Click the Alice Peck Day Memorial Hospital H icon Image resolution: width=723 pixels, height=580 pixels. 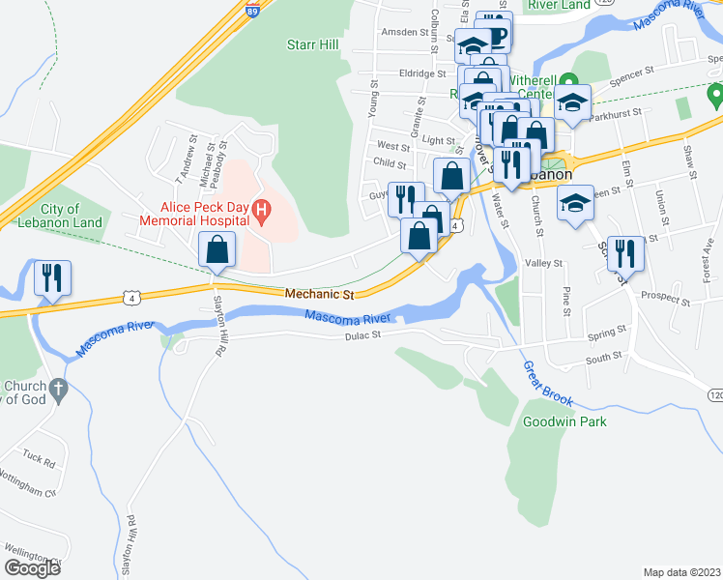pos(260,209)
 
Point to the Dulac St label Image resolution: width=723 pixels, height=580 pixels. pos(363,335)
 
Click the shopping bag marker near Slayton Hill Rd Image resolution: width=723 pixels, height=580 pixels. pos(217,249)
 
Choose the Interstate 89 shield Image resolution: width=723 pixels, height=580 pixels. pos(252,12)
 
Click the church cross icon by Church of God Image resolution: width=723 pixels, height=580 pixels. pos(58,391)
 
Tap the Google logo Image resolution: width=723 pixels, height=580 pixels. pos(32,567)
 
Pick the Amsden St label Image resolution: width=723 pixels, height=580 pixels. pos(405,32)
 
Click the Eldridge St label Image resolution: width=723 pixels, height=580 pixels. pos(422,72)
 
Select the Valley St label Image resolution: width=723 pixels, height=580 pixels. pos(543,263)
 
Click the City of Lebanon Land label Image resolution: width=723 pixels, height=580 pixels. pos(72,216)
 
